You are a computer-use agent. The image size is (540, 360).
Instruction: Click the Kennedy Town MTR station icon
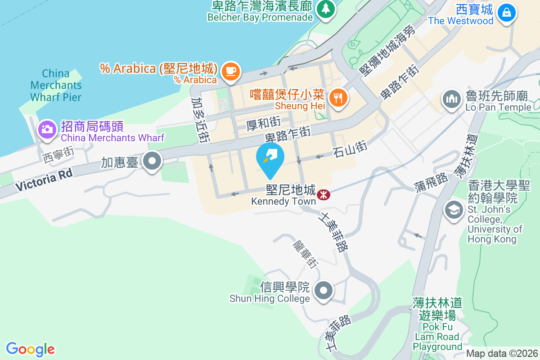[x=323, y=195]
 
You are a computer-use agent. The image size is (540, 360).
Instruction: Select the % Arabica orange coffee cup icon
[x=231, y=71]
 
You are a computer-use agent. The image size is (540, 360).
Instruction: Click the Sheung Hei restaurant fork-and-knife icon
[x=338, y=97]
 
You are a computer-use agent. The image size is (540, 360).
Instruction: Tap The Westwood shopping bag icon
[x=507, y=12]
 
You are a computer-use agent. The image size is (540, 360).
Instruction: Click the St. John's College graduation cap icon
[x=453, y=210]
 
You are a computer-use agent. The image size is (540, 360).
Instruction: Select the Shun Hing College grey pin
[x=324, y=290]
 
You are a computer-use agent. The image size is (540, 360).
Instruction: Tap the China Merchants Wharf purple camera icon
[x=46, y=130]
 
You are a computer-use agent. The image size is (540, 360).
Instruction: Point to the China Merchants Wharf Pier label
[x=56, y=85]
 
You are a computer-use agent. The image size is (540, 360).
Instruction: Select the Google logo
[x=31, y=349]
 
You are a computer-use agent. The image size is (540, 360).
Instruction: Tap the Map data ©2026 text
[x=502, y=354]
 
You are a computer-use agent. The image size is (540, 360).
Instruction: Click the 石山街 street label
[x=351, y=148]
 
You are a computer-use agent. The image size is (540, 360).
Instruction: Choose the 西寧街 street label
[x=58, y=154]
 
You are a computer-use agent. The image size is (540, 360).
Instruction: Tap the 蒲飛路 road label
[x=431, y=180]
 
